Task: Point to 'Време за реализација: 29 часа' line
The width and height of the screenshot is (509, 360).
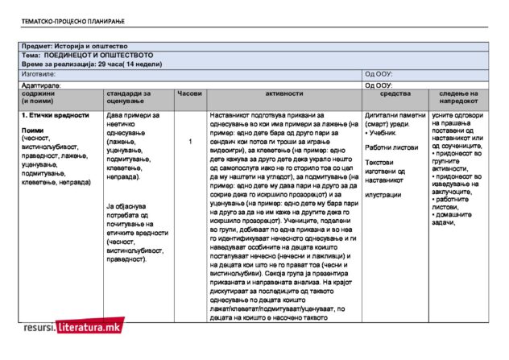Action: (x=92, y=63)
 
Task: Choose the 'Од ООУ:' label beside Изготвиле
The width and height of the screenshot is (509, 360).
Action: (x=379, y=73)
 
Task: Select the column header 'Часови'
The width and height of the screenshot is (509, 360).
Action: (x=190, y=93)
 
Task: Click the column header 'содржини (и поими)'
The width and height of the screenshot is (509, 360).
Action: (x=39, y=97)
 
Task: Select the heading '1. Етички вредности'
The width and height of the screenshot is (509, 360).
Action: (x=55, y=115)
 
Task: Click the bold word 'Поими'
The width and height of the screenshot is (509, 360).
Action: (x=33, y=130)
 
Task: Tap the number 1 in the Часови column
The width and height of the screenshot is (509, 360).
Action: (x=190, y=142)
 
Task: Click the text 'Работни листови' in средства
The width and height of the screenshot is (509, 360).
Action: (x=391, y=147)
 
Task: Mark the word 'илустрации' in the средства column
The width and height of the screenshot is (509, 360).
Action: (x=383, y=194)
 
